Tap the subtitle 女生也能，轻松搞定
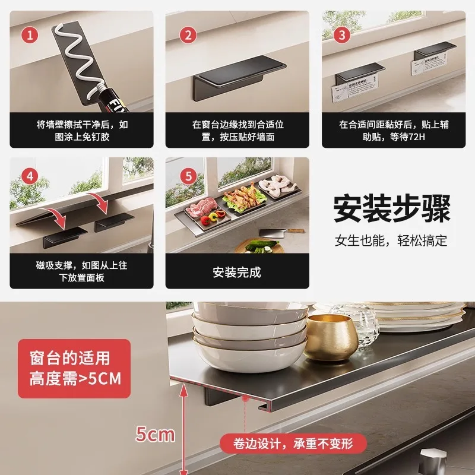click(391, 240)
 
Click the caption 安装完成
click(236, 273)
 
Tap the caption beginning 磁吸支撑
click(81, 271)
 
